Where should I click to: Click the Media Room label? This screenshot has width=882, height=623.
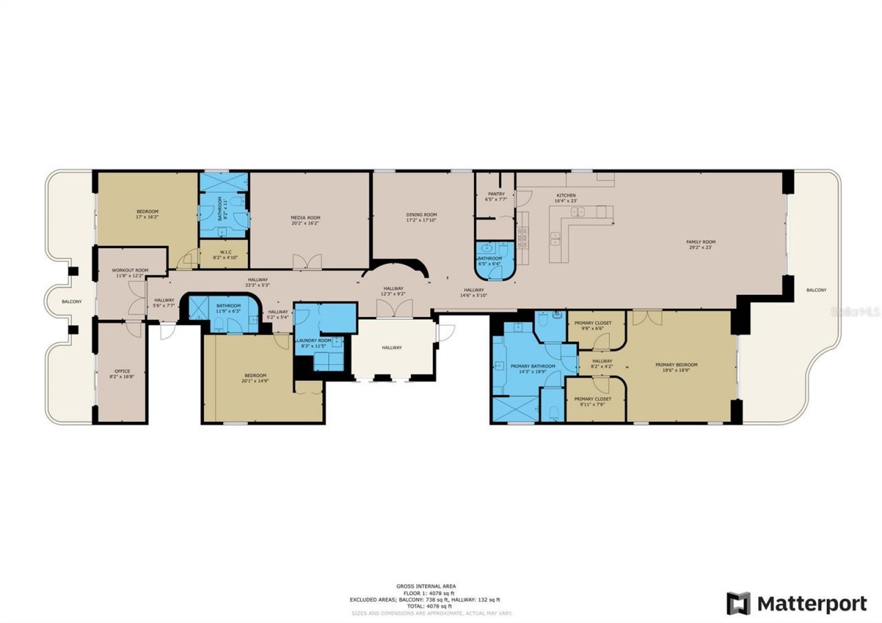coord(305,218)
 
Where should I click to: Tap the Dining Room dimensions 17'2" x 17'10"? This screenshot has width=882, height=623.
coord(421,221)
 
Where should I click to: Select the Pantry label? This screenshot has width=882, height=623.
coord(496,194)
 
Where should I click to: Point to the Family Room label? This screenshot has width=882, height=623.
coord(700,242)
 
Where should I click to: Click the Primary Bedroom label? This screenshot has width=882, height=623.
coord(676,365)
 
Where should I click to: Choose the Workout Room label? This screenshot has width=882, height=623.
coord(130,270)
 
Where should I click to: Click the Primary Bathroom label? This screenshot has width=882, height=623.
coord(533,366)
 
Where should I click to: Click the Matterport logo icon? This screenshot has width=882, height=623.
coord(738,604)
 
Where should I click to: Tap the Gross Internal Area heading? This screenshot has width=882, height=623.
coord(425,586)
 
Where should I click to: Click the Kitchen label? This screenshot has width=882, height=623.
coord(566,196)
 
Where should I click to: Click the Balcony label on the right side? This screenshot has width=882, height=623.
coord(816,290)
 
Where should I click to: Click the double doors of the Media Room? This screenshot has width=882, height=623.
coord(307,262)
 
